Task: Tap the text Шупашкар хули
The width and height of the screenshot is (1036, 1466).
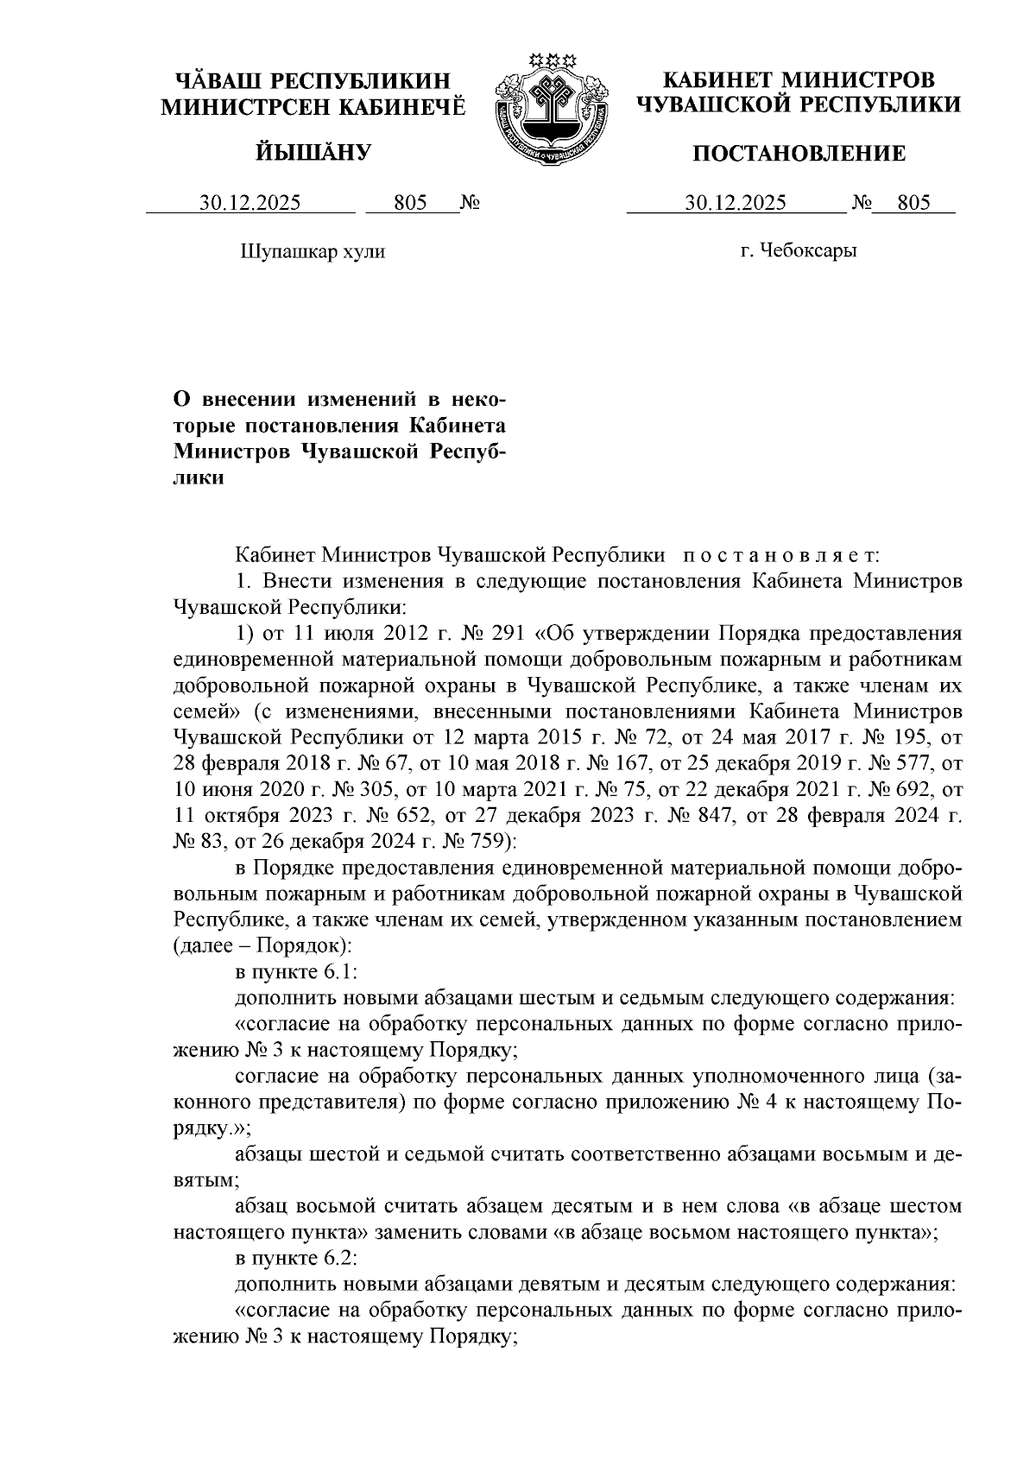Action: (x=312, y=251)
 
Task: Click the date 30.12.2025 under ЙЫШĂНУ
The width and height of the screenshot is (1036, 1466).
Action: (x=250, y=203)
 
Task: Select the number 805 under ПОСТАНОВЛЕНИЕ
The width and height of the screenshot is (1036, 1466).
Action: (x=913, y=203)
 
